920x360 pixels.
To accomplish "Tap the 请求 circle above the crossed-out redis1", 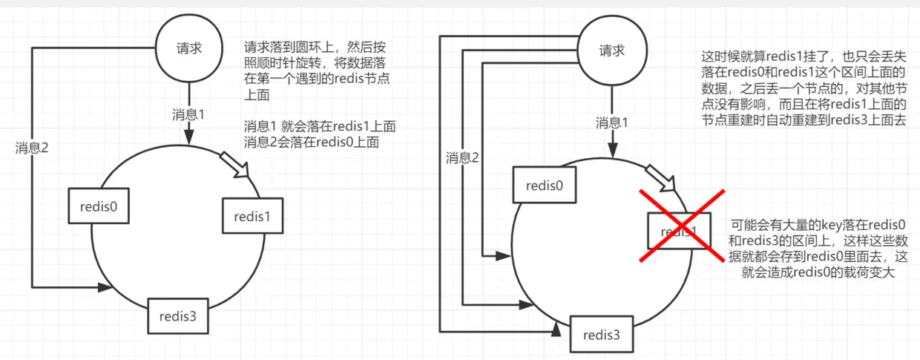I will (x=613, y=50).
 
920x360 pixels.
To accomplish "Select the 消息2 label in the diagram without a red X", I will (x=32, y=148).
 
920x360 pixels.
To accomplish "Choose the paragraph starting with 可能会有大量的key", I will (x=820, y=249).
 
